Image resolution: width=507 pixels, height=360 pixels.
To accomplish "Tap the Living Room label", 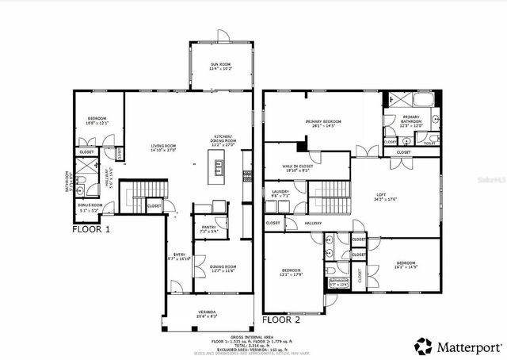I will click(x=163, y=147).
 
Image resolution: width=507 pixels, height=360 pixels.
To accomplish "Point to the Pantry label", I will click(x=209, y=229).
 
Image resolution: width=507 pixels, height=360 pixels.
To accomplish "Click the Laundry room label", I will click(x=280, y=193).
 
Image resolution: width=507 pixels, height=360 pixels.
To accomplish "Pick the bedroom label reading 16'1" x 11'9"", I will click(x=406, y=265).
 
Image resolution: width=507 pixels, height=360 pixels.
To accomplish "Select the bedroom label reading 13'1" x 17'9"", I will click(x=292, y=273).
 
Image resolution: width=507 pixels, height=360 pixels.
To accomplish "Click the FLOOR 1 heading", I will click(x=91, y=229).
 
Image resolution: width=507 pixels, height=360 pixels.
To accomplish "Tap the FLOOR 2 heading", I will click(x=280, y=322).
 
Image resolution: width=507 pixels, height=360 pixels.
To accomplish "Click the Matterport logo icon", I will click(x=424, y=346).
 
